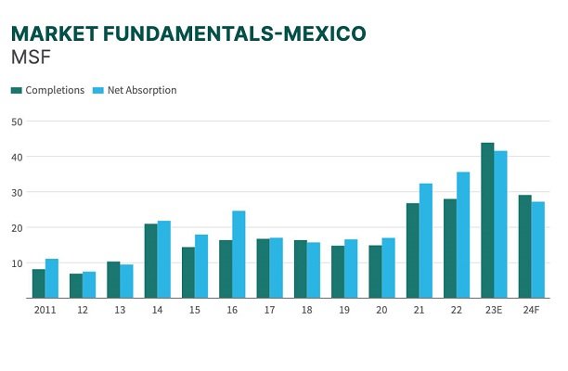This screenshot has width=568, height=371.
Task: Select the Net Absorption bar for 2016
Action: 239,254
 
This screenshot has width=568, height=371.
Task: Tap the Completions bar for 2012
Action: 76,286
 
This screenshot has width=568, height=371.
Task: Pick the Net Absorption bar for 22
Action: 463,235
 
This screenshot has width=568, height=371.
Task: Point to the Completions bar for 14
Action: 151,261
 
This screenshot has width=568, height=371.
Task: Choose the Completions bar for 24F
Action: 524,247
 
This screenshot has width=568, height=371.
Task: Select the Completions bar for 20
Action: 375,272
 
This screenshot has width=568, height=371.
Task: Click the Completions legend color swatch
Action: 16,90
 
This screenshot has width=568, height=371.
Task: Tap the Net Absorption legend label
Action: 142,90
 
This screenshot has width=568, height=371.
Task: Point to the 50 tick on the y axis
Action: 18,122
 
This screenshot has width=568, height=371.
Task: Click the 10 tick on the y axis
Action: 18,263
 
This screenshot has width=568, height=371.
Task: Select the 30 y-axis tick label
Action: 18,192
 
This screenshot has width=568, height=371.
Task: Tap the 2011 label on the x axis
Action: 45,309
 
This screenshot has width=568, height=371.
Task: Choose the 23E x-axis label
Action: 494,309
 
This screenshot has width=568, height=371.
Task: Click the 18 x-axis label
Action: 307,309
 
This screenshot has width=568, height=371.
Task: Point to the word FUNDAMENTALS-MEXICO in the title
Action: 241,33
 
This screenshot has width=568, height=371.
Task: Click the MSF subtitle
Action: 31,57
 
